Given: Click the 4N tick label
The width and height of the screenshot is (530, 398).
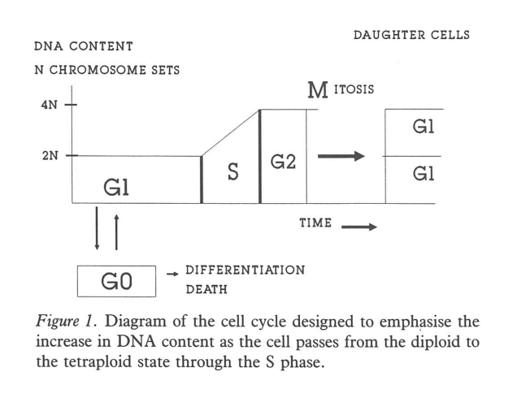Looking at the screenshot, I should click(48, 106).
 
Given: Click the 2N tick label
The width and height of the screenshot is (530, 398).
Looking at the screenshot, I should click(48, 155).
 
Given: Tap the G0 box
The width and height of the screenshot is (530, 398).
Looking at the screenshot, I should click(116, 282).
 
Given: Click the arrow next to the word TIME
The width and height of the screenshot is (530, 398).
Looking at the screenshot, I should click(359, 227).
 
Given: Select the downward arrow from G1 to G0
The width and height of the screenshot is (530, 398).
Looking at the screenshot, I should click(98, 229).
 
